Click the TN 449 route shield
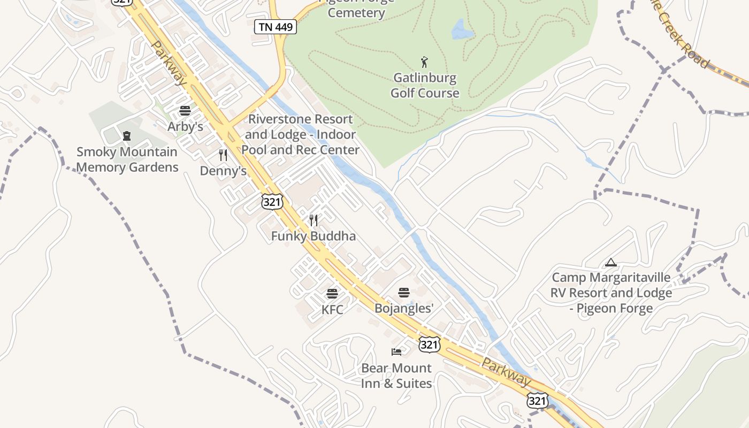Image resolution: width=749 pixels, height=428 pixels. point(276,27)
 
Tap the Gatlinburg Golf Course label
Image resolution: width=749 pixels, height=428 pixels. point(425,86)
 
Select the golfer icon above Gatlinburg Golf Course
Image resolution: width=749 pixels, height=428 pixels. point(425,62)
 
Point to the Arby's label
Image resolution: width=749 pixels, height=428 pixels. point(185,127)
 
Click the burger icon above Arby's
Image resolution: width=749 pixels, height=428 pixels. point(185,111)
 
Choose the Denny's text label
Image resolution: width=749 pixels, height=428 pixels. point(223,171)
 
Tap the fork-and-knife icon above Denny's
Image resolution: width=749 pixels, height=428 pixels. point(223,155)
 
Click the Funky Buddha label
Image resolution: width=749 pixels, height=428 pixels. point(313,236)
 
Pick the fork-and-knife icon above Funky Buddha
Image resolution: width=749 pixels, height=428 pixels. point(314,220)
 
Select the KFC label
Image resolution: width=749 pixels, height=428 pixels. point(332,310)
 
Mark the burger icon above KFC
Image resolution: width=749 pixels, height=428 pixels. point(332,294)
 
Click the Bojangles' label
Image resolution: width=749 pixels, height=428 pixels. point(404,308)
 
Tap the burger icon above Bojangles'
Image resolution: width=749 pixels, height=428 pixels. point(404,292)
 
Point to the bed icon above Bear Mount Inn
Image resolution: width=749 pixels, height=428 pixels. point(396,351)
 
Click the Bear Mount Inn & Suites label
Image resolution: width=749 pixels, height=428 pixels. point(396,376)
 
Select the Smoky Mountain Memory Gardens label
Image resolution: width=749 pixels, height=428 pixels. point(127,159)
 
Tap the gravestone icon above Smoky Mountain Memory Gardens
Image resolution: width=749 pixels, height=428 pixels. point(127,136)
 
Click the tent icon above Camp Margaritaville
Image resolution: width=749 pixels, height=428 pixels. point(610,263)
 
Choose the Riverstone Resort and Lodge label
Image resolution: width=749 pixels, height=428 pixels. point(300,134)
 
